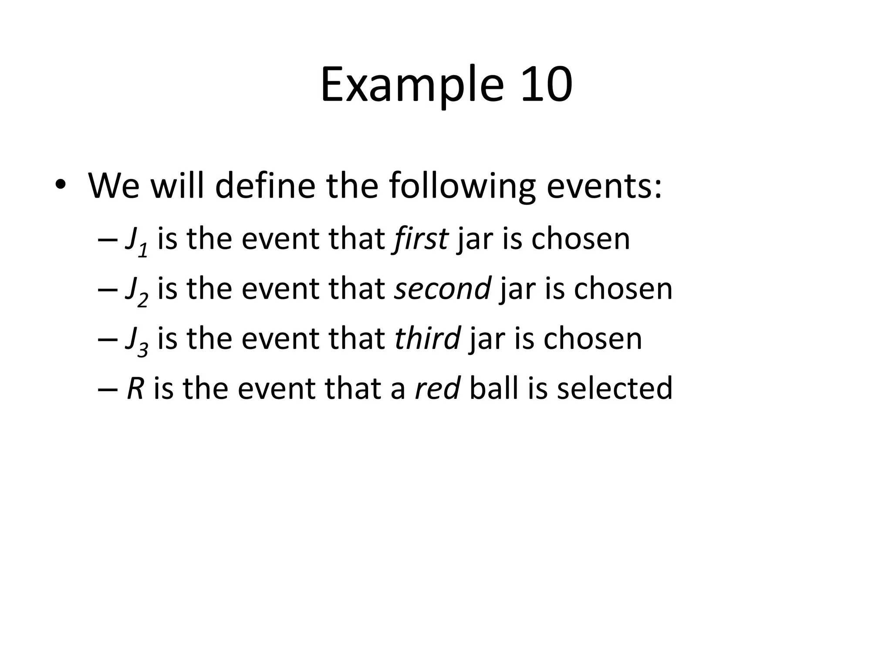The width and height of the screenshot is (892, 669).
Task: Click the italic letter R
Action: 135,388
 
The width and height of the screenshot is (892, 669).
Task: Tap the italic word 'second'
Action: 443,288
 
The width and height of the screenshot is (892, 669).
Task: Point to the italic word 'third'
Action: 427,338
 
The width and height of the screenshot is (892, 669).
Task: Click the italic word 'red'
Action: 437,388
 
